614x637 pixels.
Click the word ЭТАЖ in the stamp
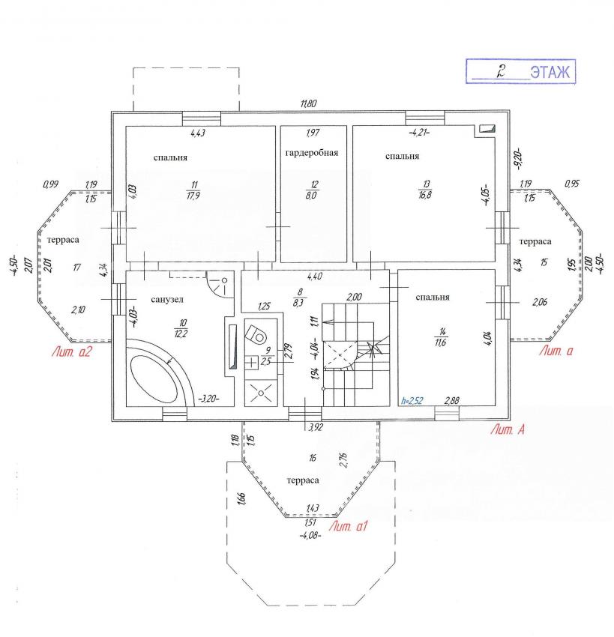click(550, 72)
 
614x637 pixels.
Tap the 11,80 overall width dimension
click(308, 103)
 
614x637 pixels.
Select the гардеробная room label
click(312, 153)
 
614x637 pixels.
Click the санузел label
click(167, 300)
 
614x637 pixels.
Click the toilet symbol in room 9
click(256, 334)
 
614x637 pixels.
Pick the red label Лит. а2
click(71, 351)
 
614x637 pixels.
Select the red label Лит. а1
click(348, 527)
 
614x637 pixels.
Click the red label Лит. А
click(508, 429)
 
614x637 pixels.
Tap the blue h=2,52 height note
click(412, 401)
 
